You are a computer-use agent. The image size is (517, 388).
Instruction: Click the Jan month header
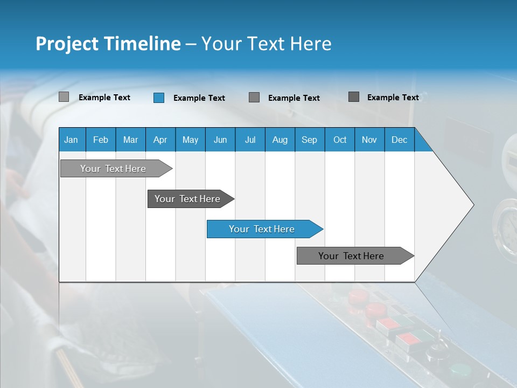(72, 140)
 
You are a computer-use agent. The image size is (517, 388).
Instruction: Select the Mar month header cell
(130, 140)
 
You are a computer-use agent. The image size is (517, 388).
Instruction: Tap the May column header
(190, 140)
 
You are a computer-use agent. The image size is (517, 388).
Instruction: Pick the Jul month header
(250, 140)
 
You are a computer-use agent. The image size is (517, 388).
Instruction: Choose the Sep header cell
(309, 140)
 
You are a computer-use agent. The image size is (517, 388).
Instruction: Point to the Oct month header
(340, 140)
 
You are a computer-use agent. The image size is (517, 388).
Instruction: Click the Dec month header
(399, 140)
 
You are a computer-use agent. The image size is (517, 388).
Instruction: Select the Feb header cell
(101, 140)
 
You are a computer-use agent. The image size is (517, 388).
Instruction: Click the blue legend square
(159, 98)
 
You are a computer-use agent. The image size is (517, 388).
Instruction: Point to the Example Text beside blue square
(199, 98)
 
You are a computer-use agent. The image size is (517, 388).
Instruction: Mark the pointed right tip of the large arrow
(472, 205)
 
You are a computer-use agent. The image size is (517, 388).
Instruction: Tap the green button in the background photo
(459, 370)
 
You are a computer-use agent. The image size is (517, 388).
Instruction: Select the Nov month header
(369, 140)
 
